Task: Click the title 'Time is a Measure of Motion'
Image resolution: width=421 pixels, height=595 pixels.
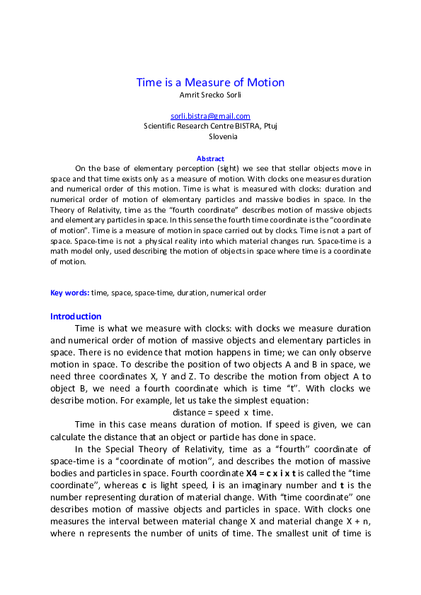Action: (210, 82)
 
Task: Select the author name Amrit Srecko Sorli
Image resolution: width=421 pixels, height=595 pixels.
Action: (210, 94)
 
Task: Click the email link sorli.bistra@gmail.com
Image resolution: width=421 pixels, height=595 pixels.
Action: (210, 116)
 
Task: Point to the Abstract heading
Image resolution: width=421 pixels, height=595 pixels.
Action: (210, 159)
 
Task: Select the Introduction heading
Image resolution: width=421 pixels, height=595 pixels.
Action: (76, 316)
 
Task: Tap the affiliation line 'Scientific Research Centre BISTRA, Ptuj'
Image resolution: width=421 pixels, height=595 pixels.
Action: (210, 126)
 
